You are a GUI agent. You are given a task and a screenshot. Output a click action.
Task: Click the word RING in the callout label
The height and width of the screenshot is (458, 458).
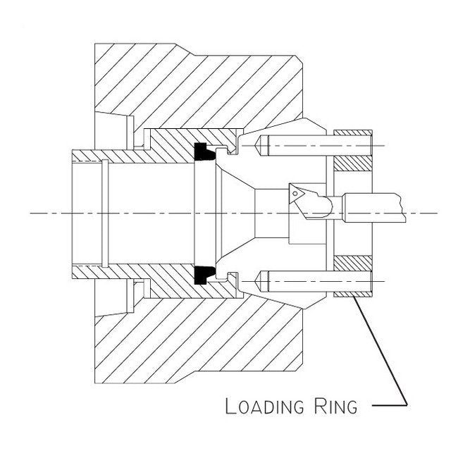pos(333,407)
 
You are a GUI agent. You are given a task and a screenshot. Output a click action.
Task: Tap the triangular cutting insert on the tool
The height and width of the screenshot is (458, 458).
pos(295,191)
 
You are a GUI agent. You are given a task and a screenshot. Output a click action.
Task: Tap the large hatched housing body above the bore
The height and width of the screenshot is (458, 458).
pos(197,85)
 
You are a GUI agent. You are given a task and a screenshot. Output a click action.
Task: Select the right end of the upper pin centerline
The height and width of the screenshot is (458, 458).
pos(384,145)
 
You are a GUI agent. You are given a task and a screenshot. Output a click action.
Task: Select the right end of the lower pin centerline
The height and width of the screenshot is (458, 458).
pos(384,281)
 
